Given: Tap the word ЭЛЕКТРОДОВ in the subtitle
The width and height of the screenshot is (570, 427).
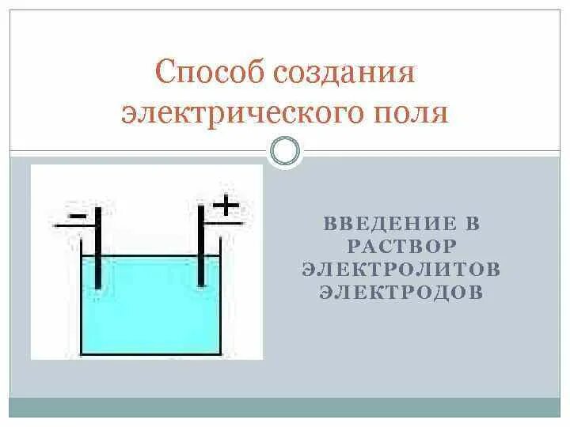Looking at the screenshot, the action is [x=401, y=292].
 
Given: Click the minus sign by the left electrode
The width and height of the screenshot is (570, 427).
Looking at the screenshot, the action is [x=78, y=213].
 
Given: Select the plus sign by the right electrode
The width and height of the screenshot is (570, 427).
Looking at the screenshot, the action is [x=226, y=206].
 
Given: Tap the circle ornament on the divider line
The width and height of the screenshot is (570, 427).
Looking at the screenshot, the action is [x=286, y=150].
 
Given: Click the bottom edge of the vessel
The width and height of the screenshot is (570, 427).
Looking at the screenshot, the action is [x=150, y=353].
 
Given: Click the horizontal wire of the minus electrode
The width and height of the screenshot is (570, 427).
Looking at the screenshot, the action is [x=71, y=225].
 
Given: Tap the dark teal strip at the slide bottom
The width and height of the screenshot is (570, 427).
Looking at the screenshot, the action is [x=285, y=407].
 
